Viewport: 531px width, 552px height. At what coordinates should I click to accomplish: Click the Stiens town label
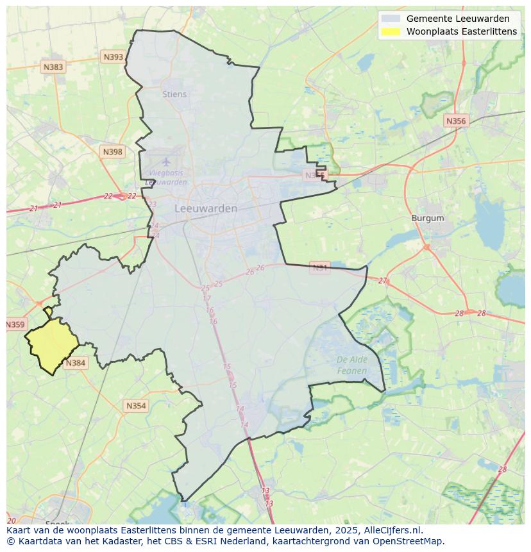(x=174, y=94)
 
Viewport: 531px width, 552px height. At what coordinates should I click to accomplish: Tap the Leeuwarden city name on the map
(x=206, y=208)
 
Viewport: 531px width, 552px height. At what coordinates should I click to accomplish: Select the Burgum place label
(x=428, y=218)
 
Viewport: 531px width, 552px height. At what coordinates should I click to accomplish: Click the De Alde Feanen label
(x=352, y=365)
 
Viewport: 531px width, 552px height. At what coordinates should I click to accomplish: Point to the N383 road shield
(x=53, y=67)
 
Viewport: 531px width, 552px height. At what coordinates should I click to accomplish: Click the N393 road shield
(x=113, y=57)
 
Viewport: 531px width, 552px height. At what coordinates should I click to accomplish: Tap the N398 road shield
(x=112, y=152)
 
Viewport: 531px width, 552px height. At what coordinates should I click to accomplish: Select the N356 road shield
(x=456, y=121)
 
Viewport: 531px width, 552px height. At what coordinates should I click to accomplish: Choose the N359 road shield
(x=15, y=324)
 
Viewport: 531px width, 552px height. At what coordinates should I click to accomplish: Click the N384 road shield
(x=75, y=363)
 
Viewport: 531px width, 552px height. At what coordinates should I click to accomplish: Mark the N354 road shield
(x=136, y=406)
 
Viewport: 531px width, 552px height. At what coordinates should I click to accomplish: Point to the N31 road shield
(x=319, y=267)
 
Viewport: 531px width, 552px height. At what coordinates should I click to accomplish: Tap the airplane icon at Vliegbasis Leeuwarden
(x=167, y=162)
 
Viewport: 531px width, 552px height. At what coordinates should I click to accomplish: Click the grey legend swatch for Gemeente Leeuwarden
(x=391, y=19)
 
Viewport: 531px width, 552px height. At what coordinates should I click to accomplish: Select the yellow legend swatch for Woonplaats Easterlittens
(x=391, y=31)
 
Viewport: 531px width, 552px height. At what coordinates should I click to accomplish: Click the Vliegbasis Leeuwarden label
(x=166, y=178)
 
